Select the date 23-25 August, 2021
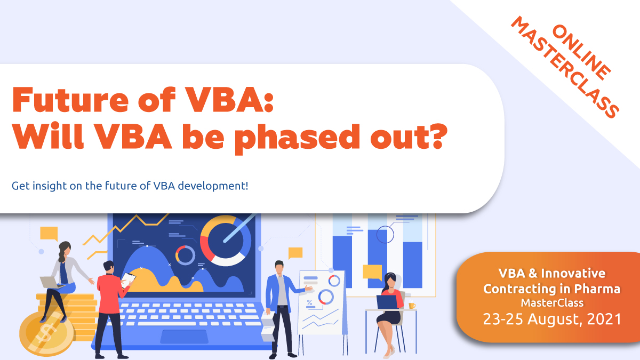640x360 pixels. [552, 319]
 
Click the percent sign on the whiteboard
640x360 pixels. [309, 302]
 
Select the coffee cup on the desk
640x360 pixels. [411, 306]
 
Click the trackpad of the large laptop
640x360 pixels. [184, 336]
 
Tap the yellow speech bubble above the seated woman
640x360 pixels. [49, 234]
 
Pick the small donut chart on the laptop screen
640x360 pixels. [185, 255]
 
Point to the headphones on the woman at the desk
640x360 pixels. [391, 278]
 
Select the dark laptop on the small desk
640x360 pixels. [387, 302]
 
